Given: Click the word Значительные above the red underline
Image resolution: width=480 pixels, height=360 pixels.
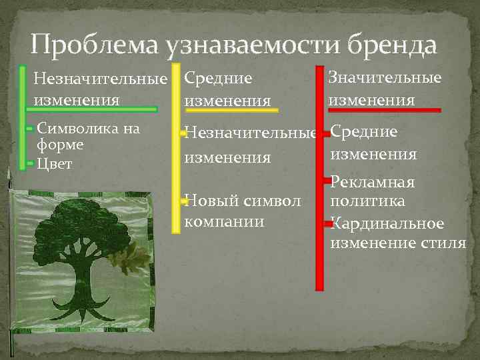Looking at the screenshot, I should pos(385,78).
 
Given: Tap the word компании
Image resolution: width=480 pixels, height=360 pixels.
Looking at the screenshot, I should pos(224,220).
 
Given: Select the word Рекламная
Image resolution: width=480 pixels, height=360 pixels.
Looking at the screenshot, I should pos(373,182).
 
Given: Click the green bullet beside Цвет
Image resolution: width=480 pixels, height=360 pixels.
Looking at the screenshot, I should pos(30,163).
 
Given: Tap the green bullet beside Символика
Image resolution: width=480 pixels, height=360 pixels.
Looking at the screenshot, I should pos(30,127).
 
